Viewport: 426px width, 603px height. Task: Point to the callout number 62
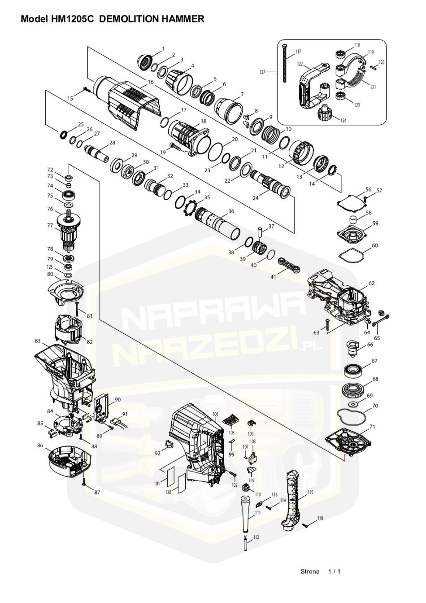pos(371,283)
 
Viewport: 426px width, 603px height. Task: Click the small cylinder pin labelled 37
pos(260,232)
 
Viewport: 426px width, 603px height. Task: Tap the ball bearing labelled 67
pos(355,371)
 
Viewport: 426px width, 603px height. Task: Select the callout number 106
pos(216,414)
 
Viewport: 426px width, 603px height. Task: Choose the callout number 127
pos(262,72)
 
